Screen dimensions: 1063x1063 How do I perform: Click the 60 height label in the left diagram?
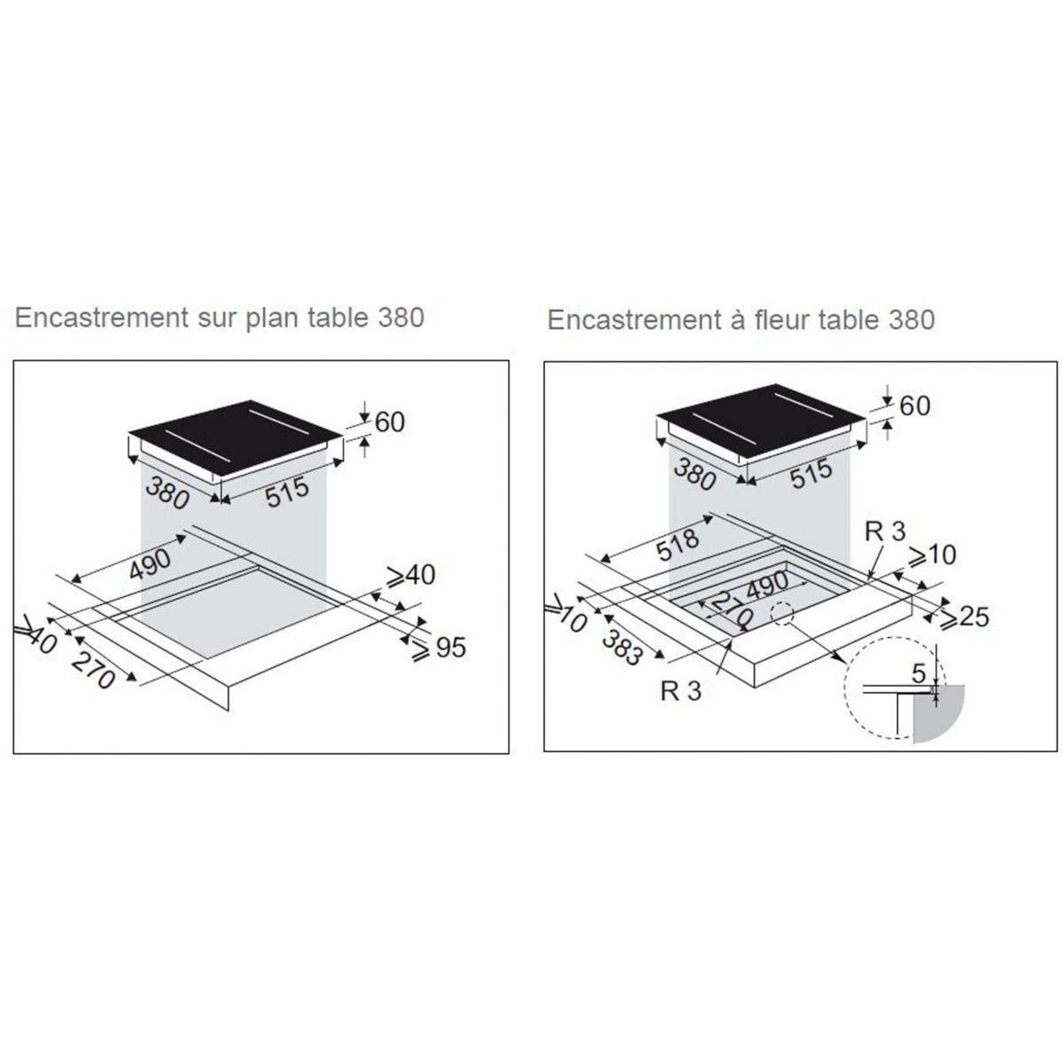[389, 422]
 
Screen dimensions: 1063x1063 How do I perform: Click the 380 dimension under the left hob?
[168, 493]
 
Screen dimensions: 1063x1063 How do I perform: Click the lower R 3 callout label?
[680, 690]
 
